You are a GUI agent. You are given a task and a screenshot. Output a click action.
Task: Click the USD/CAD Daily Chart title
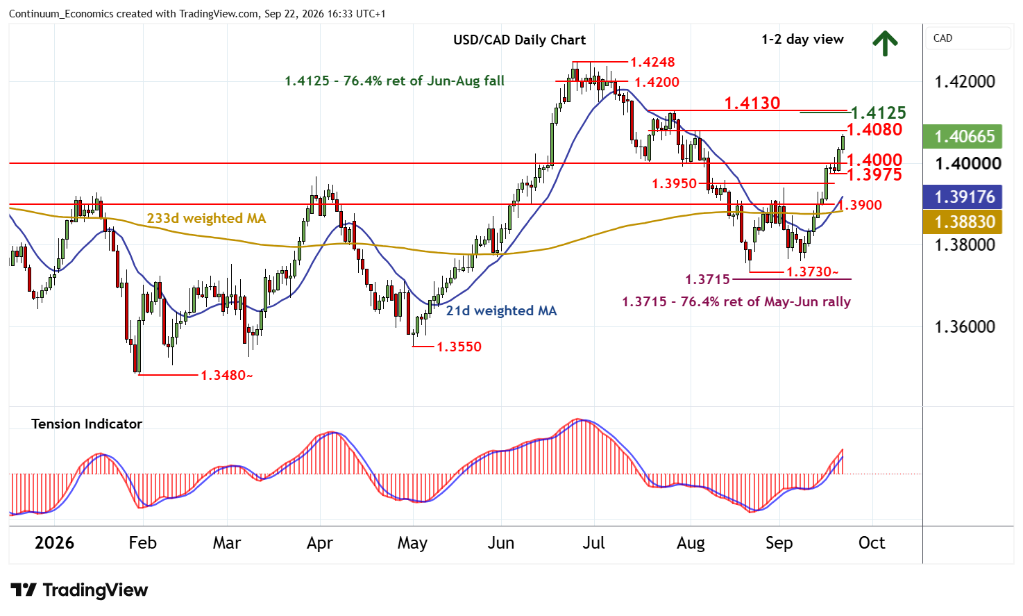(x=519, y=40)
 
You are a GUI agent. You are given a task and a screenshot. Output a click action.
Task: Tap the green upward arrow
(x=885, y=44)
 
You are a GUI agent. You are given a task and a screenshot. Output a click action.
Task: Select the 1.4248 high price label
(x=652, y=62)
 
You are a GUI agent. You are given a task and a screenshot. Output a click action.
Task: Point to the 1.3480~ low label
(x=226, y=375)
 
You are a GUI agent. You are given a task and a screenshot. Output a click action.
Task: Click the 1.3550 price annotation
(x=459, y=347)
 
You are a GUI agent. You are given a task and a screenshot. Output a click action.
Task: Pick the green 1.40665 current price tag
(x=962, y=136)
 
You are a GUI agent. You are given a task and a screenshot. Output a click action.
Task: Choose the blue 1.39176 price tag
(x=962, y=197)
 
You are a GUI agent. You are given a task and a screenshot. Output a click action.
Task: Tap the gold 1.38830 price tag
(x=962, y=222)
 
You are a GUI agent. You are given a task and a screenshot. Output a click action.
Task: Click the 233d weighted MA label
(x=206, y=219)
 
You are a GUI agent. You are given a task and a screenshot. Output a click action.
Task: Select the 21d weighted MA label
(x=501, y=310)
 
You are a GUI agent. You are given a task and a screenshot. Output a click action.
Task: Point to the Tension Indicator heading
(x=87, y=424)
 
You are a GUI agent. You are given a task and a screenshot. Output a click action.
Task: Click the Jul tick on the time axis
(x=593, y=542)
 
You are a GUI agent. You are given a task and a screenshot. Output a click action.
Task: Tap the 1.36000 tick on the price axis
(x=965, y=326)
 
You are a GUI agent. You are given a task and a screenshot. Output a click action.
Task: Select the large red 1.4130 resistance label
(x=752, y=103)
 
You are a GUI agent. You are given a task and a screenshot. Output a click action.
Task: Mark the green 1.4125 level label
(x=879, y=113)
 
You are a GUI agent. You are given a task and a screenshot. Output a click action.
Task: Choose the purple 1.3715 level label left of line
(x=707, y=279)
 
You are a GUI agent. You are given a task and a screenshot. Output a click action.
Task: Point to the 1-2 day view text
(x=802, y=40)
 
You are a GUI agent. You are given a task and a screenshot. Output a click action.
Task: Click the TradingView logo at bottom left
(x=79, y=590)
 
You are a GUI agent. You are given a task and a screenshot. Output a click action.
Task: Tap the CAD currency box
(x=968, y=38)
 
